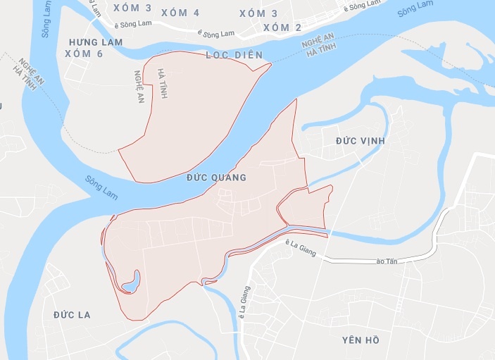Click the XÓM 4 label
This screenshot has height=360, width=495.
(x=180, y=13)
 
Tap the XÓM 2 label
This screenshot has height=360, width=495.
(x=282, y=27)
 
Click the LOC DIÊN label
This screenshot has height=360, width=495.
(x=234, y=54)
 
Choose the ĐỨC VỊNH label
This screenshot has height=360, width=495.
(x=360, y=141)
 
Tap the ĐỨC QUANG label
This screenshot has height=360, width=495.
(x=216, y=178)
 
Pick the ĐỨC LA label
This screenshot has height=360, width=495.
(x=72, y=314)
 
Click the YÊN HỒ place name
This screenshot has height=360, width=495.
(x=361, y=340)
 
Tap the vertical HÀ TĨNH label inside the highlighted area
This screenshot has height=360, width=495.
(x=163, y=83)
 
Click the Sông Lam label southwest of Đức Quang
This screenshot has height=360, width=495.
(x=100, y=187)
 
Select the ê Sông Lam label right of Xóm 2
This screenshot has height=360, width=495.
(x=364, y=6)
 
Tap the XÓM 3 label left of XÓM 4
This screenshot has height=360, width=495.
(x=131, y=8)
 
